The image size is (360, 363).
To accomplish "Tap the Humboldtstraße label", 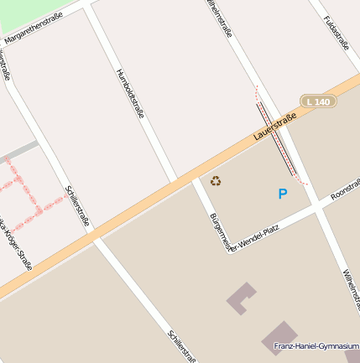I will [129, 92].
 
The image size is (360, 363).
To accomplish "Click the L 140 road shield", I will [319, 101].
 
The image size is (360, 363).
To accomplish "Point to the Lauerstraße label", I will [275, 126].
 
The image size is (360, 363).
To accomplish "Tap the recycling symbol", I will [216, 181].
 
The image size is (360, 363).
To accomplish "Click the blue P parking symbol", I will [283, 194].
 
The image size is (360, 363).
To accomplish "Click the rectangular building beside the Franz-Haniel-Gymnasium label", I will [279, 336].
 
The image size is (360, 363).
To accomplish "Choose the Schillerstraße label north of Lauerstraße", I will [76, 206].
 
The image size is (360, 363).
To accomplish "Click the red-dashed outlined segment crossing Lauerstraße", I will [277, 138].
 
